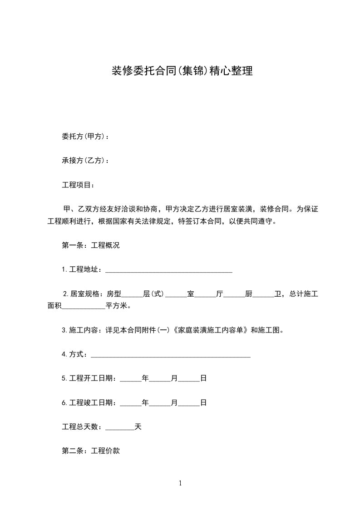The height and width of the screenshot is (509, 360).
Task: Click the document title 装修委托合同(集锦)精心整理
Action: tap(182, 71)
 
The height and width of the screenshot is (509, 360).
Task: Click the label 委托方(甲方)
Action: tap(83, 137)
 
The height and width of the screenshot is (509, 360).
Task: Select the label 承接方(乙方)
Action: tap(83, 161)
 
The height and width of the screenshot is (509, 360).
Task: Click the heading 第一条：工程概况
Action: tap(90, 245)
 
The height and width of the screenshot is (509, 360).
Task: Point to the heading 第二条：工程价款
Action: tap(90, 451)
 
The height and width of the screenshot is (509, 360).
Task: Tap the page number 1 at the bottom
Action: tap(180, 483)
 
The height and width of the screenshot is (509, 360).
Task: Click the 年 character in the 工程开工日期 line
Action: tap(145, 378)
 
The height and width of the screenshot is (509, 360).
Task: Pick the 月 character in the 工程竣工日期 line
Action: tap(174, 402)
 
